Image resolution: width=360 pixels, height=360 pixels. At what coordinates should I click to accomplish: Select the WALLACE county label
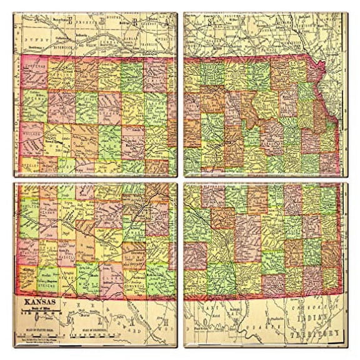coord(31,133)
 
